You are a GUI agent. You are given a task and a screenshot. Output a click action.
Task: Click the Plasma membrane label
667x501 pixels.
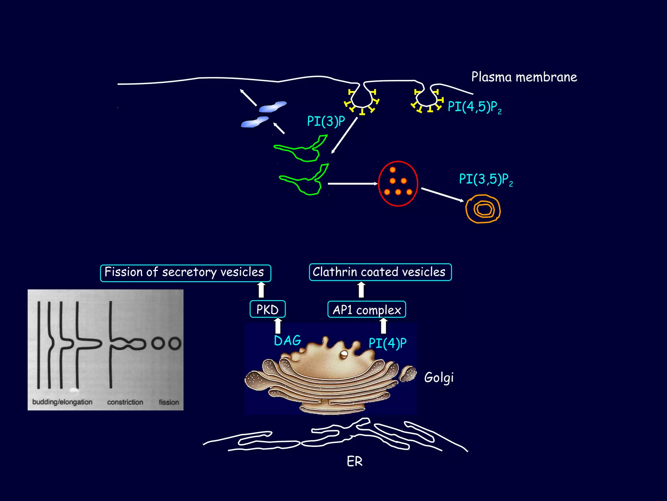(524, 77)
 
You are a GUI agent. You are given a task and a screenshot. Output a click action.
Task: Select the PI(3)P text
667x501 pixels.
(326, 121)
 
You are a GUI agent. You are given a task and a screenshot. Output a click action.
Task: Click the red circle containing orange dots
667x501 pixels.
(398, 184)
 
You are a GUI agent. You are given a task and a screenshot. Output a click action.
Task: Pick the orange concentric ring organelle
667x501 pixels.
(483, 209)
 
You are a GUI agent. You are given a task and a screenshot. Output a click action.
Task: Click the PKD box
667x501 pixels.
(267, 309)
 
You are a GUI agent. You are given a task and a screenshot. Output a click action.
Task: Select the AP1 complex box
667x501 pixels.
(367, 310)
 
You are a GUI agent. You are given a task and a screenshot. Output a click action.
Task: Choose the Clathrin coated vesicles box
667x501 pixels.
(380, 272)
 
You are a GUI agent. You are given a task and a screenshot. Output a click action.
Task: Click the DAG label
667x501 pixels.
(288, 341)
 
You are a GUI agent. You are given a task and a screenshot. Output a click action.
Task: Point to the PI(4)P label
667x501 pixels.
(388, 343)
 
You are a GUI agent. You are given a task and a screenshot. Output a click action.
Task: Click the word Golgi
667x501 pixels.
(439, 378)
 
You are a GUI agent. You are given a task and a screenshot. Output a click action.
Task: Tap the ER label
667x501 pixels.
(355, 462)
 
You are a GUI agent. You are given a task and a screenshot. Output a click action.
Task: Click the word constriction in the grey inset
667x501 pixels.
(125, 402)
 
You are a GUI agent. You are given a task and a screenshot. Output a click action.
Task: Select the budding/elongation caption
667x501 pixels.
(62, 402)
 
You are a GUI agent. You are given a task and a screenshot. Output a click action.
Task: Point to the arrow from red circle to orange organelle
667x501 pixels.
(442, 195)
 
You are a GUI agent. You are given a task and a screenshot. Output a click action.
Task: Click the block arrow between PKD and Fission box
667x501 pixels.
(261, 290)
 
